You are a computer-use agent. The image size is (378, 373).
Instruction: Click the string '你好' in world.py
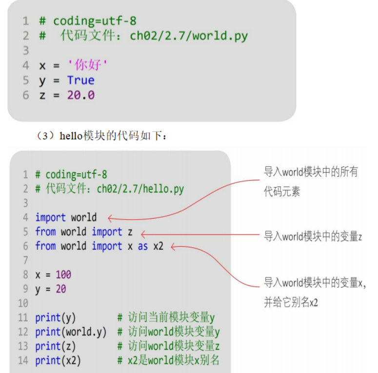point(88,65)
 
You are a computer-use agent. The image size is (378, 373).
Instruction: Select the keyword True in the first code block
point(80,80)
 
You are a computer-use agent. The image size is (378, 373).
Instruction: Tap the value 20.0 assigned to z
point(80,95)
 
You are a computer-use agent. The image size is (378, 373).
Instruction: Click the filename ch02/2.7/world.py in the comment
point(189,36)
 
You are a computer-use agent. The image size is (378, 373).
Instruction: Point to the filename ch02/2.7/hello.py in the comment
point(140,189)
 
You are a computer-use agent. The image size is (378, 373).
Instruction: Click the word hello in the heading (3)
point(71,136)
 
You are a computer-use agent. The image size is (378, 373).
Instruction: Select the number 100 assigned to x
point(63,275)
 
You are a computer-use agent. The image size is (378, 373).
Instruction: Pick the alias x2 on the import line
point(158,246)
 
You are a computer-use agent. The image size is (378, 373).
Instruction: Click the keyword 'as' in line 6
point(142,246)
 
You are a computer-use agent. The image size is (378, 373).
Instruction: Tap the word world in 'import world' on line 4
point(84,218)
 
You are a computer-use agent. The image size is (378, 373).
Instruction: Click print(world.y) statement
point(71,332)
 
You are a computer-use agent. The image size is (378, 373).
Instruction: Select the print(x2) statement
point(58,361)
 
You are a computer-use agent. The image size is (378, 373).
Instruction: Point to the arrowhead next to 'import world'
point(110,218)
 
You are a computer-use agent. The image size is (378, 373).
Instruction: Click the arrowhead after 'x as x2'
point(174,247)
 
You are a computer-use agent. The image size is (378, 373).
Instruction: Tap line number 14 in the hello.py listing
point(23,361)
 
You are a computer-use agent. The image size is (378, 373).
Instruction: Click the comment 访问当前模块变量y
point(171,318)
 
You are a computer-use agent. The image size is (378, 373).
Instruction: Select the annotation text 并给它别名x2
point(291,302)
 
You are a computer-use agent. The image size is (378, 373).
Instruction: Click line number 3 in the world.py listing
point(26,51)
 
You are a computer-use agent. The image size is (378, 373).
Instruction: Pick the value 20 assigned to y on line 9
point(60,289)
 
